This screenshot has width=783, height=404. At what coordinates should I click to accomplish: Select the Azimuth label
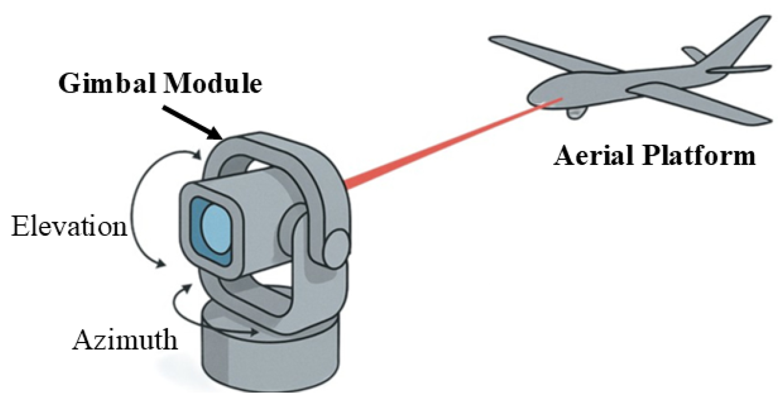pyautogui.click(x=125, y=340)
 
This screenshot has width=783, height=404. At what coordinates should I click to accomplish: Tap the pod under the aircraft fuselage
pyautogui.click(x=577, y=112)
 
